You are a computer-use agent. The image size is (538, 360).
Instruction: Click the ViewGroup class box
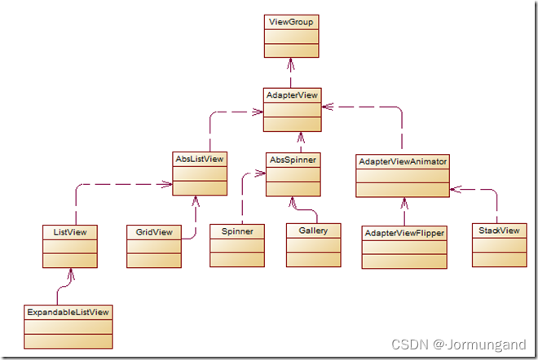point(291,36)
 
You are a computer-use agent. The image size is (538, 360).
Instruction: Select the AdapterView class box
point(291,109)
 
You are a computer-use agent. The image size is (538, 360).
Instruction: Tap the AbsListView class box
point(200,172)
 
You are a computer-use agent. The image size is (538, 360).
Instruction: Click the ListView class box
point(70,247)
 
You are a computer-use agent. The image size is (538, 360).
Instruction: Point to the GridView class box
point(154,246)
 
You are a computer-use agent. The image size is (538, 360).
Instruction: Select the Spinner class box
point(237,245)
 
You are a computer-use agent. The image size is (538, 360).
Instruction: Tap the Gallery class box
point(313,244)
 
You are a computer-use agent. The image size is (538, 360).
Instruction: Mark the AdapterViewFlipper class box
point(404,248)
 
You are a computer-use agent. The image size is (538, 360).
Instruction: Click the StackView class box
point(496,244)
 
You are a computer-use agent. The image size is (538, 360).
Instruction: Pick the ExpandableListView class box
point(68,327)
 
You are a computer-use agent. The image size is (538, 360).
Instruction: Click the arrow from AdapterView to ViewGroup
point(291,72)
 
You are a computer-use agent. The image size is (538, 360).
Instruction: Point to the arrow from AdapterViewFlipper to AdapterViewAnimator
point(404,211)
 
